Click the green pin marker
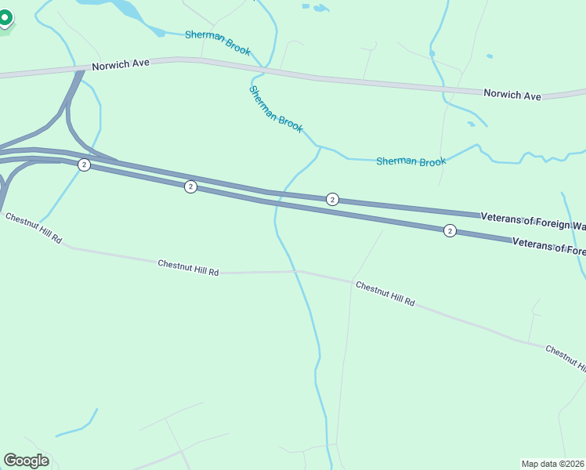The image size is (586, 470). coord(5,17)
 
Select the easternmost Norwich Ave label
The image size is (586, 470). coord(512,94)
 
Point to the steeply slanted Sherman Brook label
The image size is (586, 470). coord(276,109)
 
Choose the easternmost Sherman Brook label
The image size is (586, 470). coord(411,161)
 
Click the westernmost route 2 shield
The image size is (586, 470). coord(84,164)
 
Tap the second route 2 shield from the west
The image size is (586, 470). coord(190,186)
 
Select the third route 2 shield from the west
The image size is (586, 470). coord(332,200)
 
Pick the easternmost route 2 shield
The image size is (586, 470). coord(450,230)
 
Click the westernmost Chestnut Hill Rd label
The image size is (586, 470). coord(33,227)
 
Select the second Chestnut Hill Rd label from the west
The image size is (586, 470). coord(188,266)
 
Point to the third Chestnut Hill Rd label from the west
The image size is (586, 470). coord(385,293)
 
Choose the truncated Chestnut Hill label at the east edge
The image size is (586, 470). coord(565,357)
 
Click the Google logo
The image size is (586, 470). coord(26,461)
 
